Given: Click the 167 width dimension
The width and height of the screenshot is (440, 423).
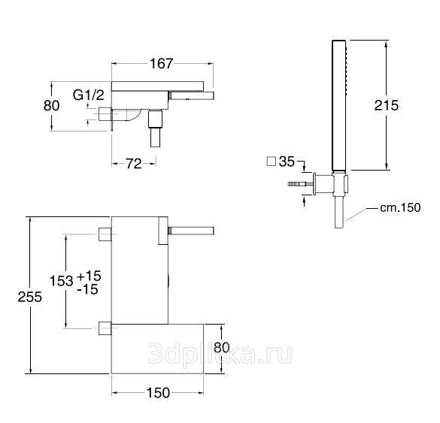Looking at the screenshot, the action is click(x=162, y=64).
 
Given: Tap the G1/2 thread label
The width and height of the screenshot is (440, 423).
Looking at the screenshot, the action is click(x=89, y=95).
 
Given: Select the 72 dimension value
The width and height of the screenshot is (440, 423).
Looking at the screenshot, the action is click(x=134, y=164).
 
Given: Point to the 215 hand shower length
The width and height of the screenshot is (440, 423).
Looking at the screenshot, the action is click(x=387, y=105).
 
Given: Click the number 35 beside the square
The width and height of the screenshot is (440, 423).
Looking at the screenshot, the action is click(x=287, y=162).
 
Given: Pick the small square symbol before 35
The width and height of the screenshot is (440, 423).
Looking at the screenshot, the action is click(x=271, y=162).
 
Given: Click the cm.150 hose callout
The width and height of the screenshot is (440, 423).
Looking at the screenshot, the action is click(x=400, y=207).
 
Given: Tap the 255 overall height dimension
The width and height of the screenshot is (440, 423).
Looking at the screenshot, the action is click(x=30, y=297).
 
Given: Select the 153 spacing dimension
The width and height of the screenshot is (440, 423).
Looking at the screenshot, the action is click(x=62, y=280).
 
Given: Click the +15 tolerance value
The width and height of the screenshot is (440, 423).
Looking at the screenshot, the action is click(x=89, y=276).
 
